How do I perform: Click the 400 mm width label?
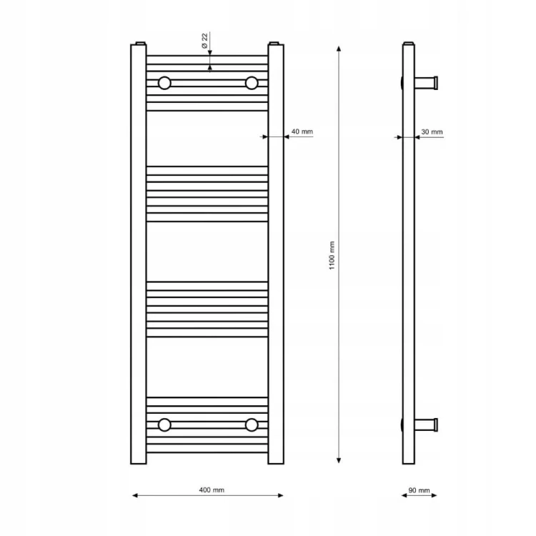[x=212, y=490]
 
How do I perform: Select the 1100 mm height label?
[x=332, y=255]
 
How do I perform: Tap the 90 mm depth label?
[x=419, y=490]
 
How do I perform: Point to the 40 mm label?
[x=302, y=131]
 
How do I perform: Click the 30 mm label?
[x=432, y=132]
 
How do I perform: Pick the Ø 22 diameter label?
[x=204, y=41]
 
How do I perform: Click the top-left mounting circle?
[x=164, y=83]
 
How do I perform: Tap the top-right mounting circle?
[x=252, y=83]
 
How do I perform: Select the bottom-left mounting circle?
[x=164, y=425]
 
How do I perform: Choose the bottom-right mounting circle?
[x=252, y=425]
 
